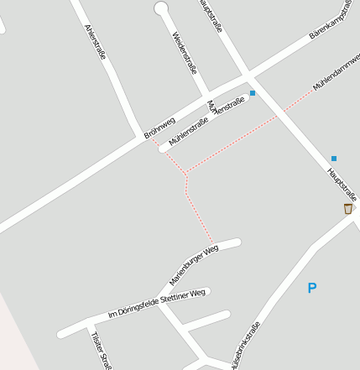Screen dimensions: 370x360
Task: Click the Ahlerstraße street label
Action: point(95,41)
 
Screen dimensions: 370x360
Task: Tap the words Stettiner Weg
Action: point(185,294)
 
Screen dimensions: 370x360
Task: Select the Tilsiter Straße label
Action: point(101,349)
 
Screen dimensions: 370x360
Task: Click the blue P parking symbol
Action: point(312,289)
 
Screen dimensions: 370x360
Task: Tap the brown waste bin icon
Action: point(347,208)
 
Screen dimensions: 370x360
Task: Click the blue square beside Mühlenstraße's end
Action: point(253,93)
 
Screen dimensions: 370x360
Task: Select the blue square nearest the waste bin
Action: point(334,158)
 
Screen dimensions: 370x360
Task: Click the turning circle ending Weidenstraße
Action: point(161,8)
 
